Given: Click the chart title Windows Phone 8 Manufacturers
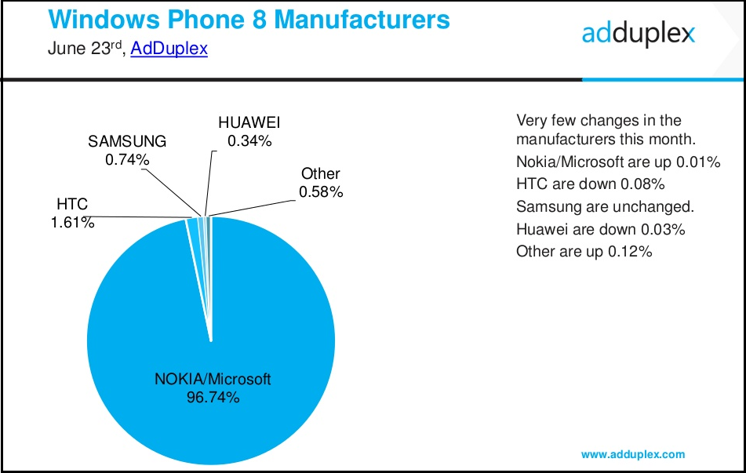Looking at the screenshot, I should click(249, 19).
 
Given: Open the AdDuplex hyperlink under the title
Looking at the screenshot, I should click(169, 49).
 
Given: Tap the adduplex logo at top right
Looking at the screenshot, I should click(639, 33).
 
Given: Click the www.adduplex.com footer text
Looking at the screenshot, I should click(633, 454).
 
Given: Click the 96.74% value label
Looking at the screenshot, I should click(213, 398).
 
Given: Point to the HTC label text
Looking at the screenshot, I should click(71, 205).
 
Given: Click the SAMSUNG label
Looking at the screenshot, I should click(127, 142).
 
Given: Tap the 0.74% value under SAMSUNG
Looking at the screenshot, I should click(127, 159).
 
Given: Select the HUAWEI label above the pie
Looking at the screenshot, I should click(249, 123).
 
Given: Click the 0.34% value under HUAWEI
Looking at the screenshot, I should click(249, 141).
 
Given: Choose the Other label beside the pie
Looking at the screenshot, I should click(320, 173).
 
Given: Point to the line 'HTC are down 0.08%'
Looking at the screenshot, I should click(590, 185).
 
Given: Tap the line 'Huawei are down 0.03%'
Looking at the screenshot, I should click(601, 229).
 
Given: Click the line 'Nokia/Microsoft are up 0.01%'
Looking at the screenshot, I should click(617, 163).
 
